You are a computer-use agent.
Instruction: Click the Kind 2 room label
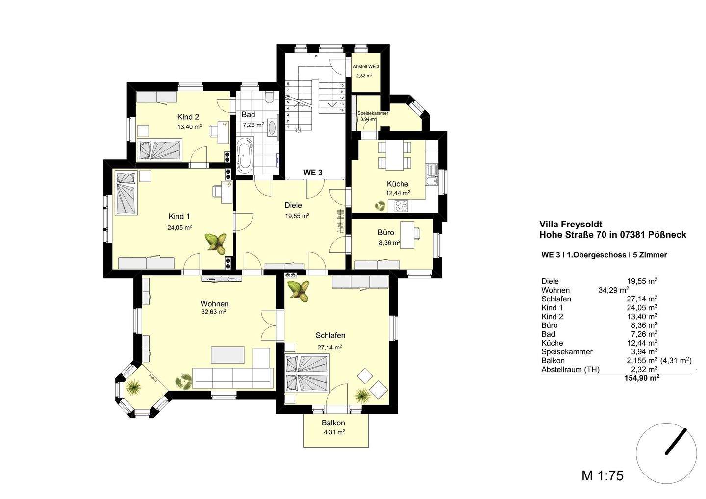point(188,117)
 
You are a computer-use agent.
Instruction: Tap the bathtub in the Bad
point(245,155)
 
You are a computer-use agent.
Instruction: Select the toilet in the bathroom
point(268,98)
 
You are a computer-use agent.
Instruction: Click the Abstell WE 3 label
point(366,66)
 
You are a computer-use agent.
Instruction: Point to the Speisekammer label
point(373,113)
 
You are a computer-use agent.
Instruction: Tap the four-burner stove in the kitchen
point(401,206)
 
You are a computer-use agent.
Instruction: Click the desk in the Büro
point(407,230)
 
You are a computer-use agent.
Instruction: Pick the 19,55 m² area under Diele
point(297,215)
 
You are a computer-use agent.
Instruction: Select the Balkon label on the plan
point(333,423)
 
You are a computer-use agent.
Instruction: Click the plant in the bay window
point(133,389)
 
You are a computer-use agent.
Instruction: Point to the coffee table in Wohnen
point(227,354)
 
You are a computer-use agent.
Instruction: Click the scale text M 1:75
point(603,475)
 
